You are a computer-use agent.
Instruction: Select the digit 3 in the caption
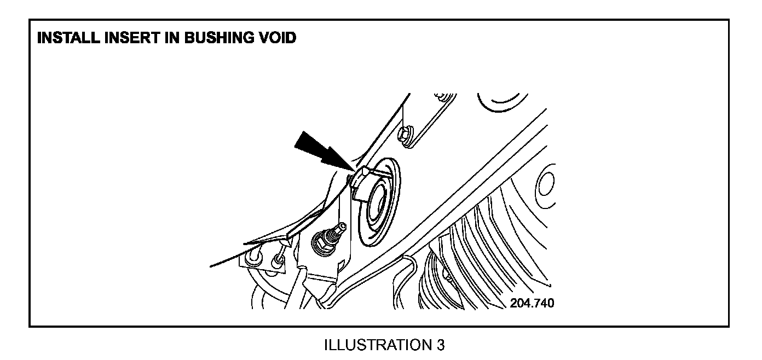[441, 346]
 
